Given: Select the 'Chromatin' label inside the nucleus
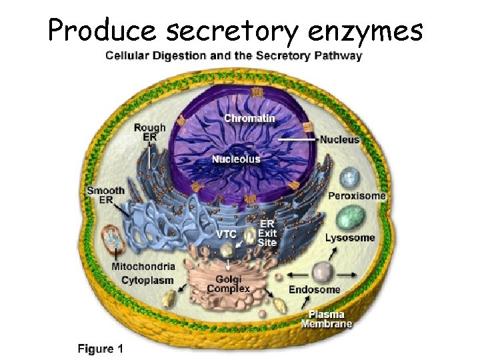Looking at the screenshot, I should click(249, 118).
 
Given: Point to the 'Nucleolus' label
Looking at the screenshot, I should click(236, 159).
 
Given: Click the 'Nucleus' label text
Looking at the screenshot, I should click(339, 140).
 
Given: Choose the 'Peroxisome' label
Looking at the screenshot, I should click(357, 196).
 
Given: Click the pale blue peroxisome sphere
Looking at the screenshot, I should click(349, 178).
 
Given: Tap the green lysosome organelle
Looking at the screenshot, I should click(351, 217).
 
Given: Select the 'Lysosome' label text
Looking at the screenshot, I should click(350, 237).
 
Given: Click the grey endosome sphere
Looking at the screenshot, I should click(323, 272).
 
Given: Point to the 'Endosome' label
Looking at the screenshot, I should click(314, 290).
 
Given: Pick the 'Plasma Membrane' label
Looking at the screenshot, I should click(326, 319).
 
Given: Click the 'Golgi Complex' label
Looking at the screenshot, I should click(228, 283).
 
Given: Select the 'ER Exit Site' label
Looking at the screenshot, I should click(267, 233).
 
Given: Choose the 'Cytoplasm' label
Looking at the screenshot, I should click(147, 281).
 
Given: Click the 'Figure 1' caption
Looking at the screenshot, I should click(101, 348).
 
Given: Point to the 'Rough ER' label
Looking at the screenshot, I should click(150, 132).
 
